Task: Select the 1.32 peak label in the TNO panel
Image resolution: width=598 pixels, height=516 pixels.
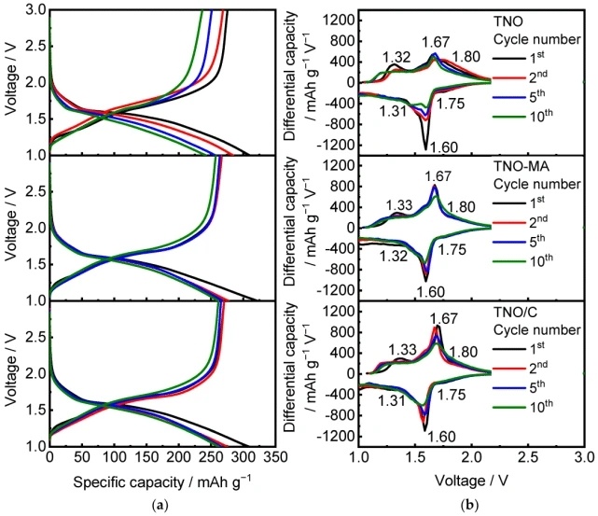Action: click(396, 58)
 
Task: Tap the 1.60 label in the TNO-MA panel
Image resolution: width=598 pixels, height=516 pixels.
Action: click(430, 292)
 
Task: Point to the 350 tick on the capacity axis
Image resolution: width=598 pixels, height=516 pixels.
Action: click(274, 459)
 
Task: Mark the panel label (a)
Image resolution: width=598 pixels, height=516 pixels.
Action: click(164, 505)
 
